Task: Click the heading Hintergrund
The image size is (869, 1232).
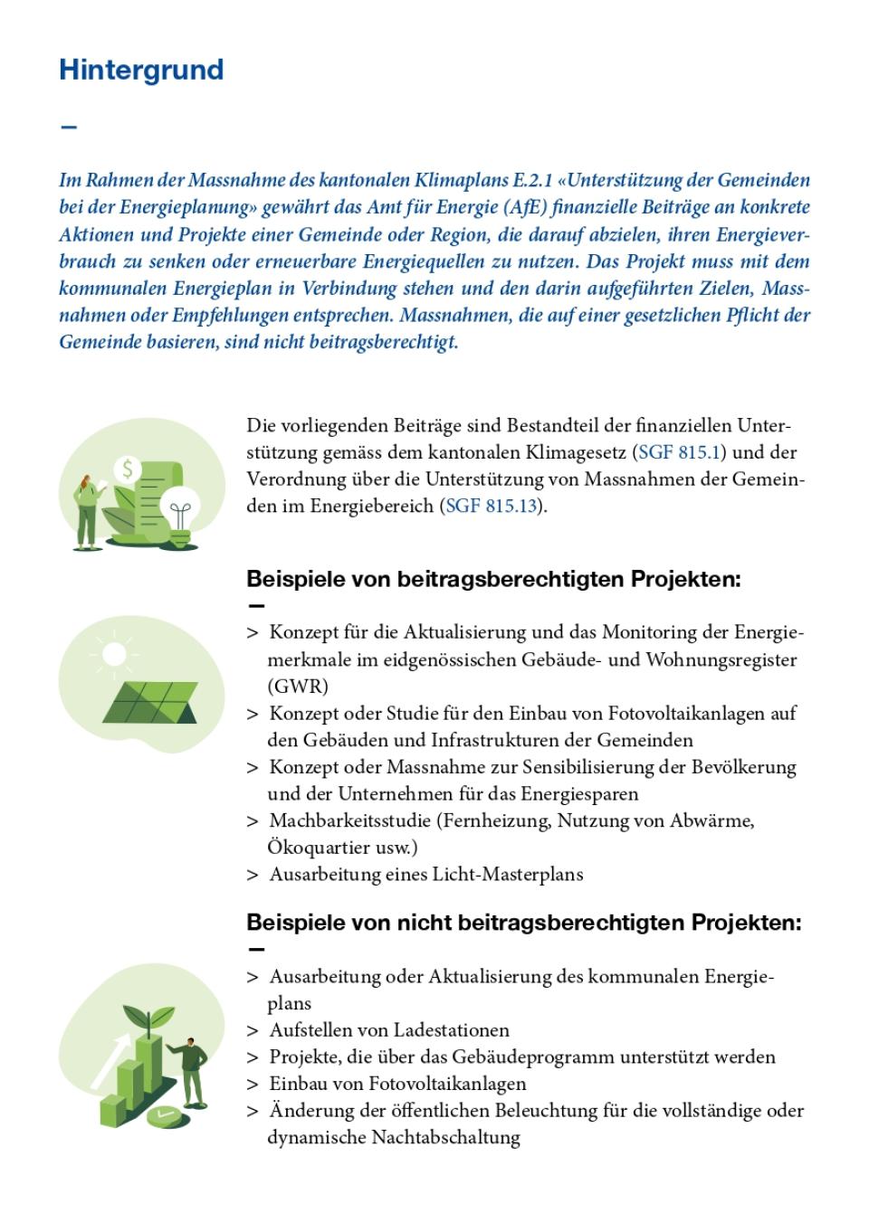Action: click(x=141, y=71)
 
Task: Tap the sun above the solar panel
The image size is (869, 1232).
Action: click(x=114, y=653)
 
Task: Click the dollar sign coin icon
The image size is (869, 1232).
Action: click(x=128, y=469)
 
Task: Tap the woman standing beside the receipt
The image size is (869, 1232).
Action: click(x=88, y=511)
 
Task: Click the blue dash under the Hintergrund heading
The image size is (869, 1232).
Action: click(x=68, y=126)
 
